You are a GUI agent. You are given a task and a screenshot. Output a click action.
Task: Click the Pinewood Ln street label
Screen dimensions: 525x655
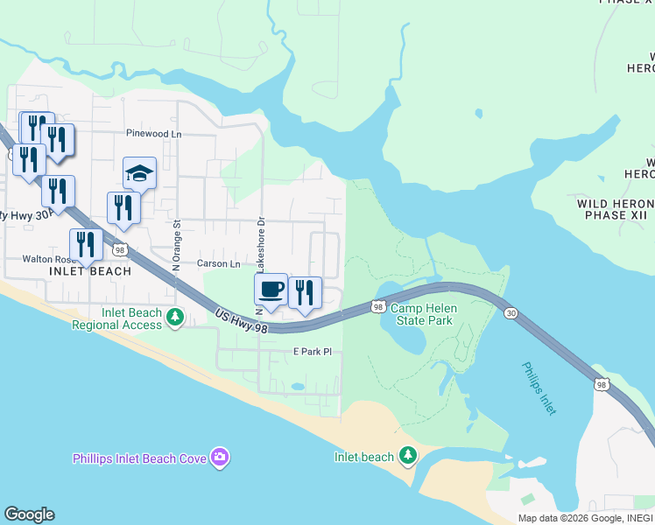coord(153,134)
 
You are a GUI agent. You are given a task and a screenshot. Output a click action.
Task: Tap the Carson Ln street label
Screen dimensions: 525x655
coord(218,263)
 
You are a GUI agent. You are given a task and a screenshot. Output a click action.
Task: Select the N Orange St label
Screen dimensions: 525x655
coord(176,245)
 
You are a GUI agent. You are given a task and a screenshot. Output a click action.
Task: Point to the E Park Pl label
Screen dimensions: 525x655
coord(313,352)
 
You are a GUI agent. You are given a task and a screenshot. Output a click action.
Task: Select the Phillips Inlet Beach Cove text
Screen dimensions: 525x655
coord(139,458)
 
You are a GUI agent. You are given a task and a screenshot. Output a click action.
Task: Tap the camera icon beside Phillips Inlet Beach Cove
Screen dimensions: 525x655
coord(220,458)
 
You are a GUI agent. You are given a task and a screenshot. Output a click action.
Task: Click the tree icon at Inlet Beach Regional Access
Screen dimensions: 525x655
coord(175,317)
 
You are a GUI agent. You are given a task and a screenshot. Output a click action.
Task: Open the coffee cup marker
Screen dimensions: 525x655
coord(271,290)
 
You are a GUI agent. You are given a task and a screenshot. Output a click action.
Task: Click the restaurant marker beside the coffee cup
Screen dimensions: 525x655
coord(305,293)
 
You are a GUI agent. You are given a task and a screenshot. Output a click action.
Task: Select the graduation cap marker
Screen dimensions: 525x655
coord(139,173)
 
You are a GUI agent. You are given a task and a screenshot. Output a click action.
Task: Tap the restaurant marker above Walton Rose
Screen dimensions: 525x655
coord(86,245)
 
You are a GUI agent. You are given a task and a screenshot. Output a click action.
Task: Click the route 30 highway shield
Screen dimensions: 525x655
coord(511,313)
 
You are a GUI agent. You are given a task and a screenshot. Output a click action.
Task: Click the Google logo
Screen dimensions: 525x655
coord(29,514)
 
